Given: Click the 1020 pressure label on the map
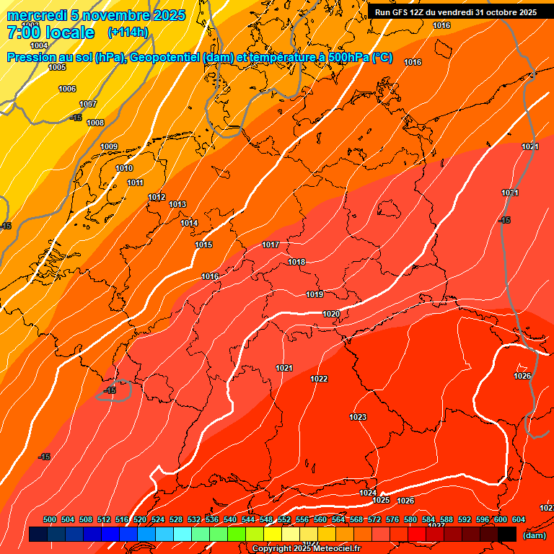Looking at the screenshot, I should pyautogui.click(x=331, y=314).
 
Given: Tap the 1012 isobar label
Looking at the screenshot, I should pyautogui.click(x=157, y=198).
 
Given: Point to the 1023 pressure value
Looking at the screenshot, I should pyautogui.click(x=358, y=418).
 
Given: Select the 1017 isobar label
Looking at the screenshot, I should pyautogui.click(x=271, y=245).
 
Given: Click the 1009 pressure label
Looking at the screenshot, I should pyautogui.click(x=109, y=147).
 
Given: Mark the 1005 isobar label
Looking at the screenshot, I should pyautogui.click(x=57, y=68).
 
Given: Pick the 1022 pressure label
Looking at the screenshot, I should pyautogui.click(x=319, y=379).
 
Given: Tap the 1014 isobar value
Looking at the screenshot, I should pyautogui.click(x=189, y=224).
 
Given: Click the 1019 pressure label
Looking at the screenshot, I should pyautogui.click(x=315, y=295).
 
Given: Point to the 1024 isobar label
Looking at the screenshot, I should pyautogui.click(x=368, y=493).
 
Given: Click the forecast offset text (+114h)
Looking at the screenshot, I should pyautogui.click(x=128, y=32).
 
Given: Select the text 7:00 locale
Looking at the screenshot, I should pyautogui.click(x=50, y=32).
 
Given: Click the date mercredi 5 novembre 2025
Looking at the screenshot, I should pyautogui.click(x=96, y=15).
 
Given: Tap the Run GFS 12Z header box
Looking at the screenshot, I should pyautogui.click(x=455, y=12).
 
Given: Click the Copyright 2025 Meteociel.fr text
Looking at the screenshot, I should pyautogui.click(x=306, y=549).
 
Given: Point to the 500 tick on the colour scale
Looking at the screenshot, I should pyautogui.click(x=50, y=520).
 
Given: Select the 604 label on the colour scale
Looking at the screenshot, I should pyautogui.click(x=519, y=520).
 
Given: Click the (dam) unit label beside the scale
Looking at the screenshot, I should pyautogui.click(x=534, y=535).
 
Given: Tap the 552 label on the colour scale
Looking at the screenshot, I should pyautogui.click(x=284, y=520).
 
